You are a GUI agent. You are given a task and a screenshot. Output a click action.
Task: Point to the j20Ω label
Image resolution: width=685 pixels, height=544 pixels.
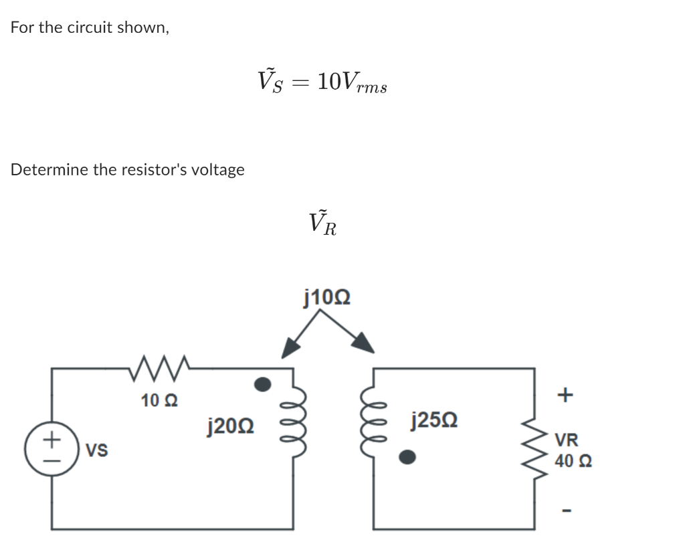(x=230, y=424)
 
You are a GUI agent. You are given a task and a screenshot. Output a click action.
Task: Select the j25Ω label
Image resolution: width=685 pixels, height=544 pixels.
(x=436, y=421)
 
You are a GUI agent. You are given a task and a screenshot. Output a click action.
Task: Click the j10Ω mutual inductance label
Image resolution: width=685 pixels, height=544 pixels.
(x=328, y=296)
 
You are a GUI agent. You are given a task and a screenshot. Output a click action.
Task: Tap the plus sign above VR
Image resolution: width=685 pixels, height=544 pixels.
(x=565, y=395)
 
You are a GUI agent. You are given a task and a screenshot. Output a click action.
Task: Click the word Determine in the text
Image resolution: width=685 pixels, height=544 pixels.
(x=49, y=169)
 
